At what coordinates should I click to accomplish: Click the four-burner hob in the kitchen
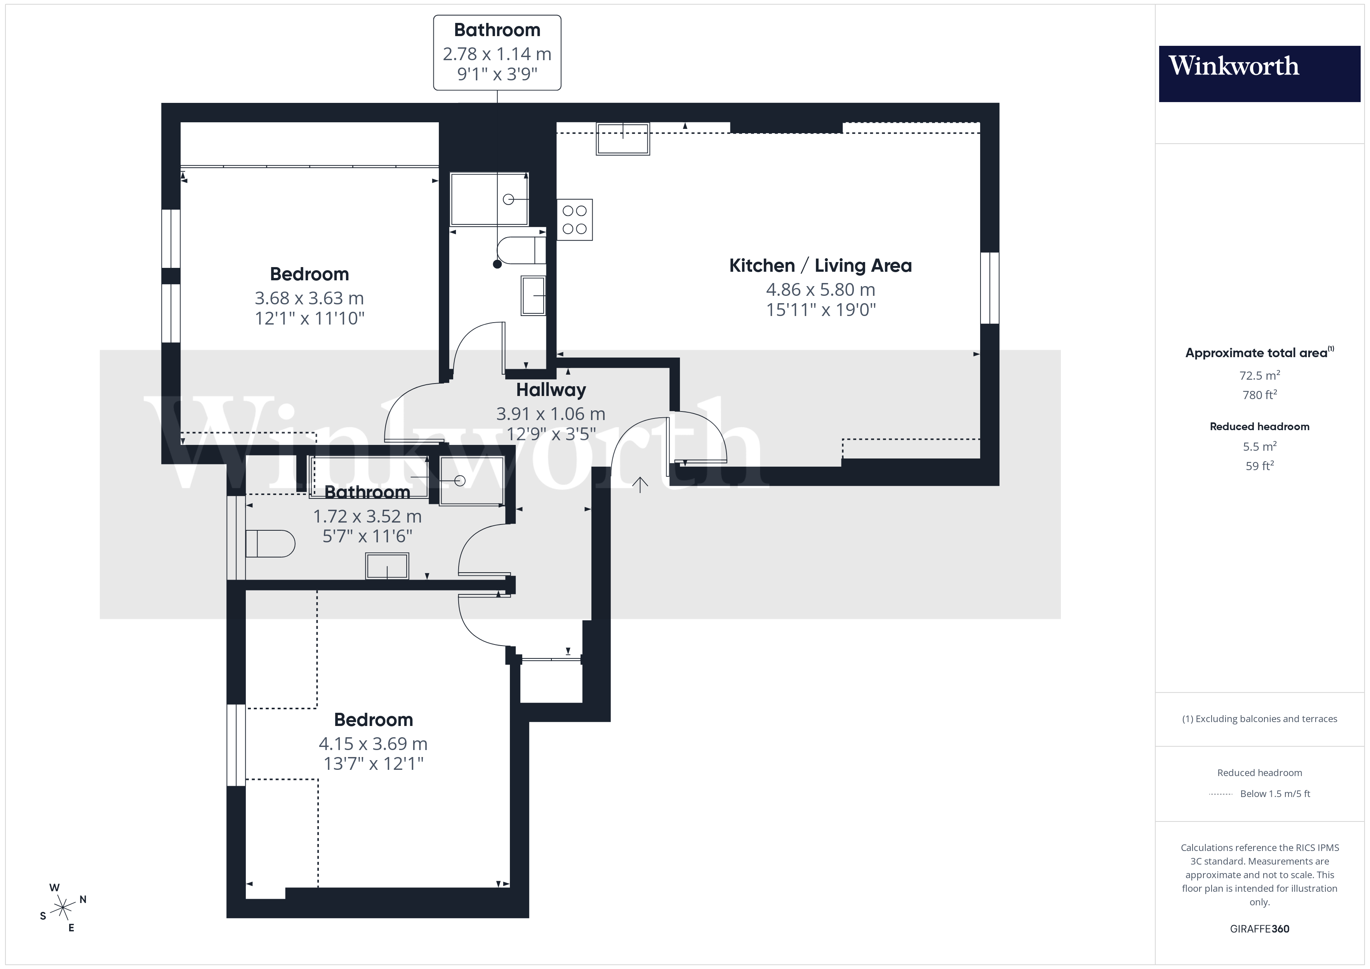[x=575, y=220]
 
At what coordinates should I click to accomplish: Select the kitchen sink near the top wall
[x=622, y=139]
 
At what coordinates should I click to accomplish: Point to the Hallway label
[x=551, y=390]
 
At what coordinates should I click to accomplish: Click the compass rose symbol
[x=63, y=908]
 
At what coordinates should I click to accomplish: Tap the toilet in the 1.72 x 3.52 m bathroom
[x=270, y=544]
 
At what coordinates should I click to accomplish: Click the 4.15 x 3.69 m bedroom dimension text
[x=373, y=743]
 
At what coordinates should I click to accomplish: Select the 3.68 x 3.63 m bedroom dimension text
[x=309, y=298]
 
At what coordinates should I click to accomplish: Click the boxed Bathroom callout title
[x=497, y=30]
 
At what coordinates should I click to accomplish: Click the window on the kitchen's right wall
[x=989, y=288]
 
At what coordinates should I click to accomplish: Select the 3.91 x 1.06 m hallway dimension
[x=551, y=413]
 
